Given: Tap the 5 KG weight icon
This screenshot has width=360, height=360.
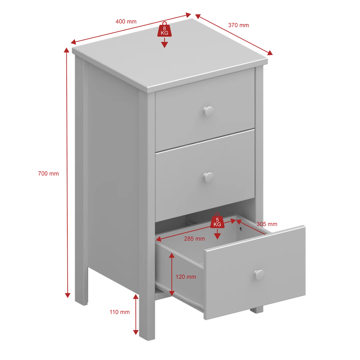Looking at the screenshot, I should pos(217,220).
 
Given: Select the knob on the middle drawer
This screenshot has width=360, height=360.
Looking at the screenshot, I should pos(209,177).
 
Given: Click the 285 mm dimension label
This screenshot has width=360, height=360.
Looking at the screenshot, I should pos(194,239).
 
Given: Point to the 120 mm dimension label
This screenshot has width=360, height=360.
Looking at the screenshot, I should pos(186,277).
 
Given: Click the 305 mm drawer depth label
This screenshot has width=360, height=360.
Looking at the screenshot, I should pos(267,225).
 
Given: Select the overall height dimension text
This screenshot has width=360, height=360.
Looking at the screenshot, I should pos(48,174).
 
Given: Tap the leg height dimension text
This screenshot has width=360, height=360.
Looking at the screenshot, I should pos(120,312).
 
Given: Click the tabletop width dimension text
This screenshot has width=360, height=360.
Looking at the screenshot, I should pos(126,21).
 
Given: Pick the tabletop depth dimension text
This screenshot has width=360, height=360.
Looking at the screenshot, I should pos(238,25).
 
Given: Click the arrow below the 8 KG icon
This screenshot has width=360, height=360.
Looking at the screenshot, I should pos(164,43).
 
